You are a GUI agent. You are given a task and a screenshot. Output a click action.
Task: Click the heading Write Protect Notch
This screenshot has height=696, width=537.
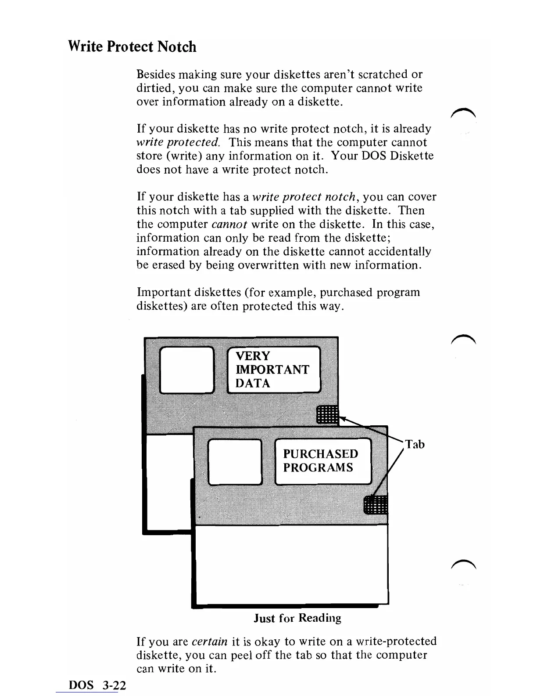[x=132, y=47]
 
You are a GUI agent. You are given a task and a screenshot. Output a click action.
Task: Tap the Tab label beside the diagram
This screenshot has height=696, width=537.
[x=415, y=444]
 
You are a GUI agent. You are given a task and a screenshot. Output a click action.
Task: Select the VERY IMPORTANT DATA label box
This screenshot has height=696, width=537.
[x=274, y=370]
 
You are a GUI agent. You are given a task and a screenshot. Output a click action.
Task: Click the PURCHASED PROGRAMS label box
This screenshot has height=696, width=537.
[x=323, y=461]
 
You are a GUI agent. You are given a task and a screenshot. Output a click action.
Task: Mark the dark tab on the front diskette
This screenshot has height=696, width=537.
[x=376, y=504]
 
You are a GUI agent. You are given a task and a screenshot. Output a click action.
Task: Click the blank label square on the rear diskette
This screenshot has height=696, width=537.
[x=186, y=370]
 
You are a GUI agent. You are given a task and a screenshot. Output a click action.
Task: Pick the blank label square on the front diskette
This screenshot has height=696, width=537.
[x=235, y=462]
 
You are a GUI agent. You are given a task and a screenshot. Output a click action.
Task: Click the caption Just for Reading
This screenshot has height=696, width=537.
[x=297, y=618]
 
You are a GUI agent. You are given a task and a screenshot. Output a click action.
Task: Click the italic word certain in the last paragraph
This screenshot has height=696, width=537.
[x=209, y=642]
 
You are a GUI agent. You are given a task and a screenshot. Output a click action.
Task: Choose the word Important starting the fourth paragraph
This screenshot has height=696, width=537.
[x=162, y=292]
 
